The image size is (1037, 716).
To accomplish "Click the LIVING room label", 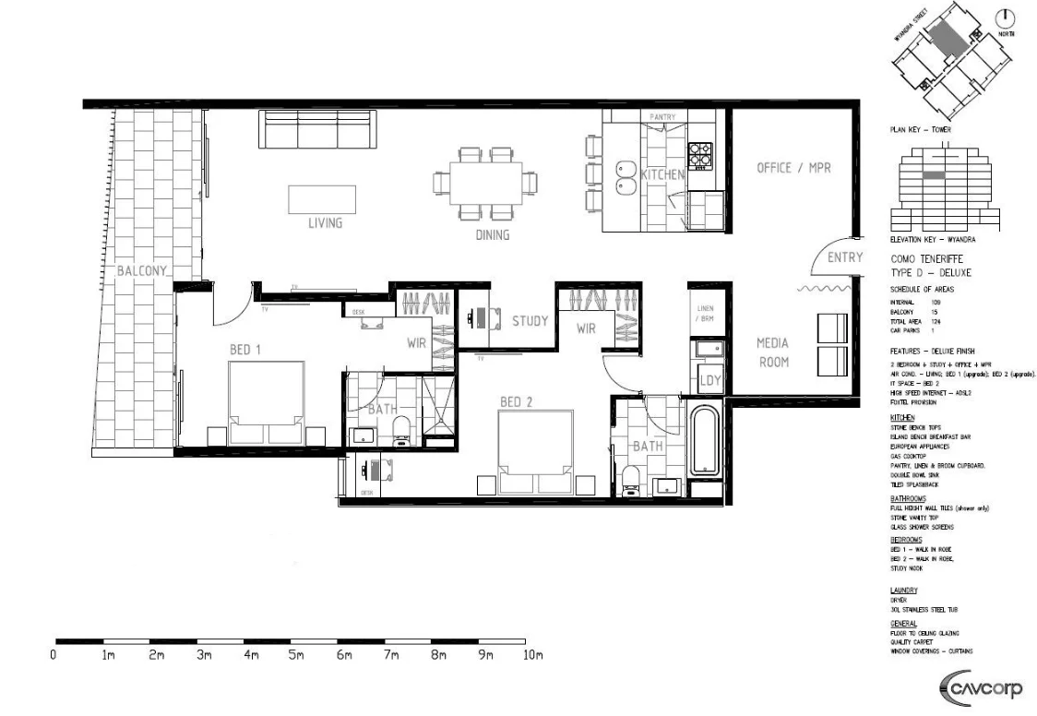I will coord(325,222).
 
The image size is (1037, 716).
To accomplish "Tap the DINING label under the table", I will coord(492,234).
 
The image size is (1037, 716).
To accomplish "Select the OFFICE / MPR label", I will coord(793,168).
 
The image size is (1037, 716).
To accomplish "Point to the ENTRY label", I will coord(844,257).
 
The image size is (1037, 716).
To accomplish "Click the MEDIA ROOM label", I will coord(773,352).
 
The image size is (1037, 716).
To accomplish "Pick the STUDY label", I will coord(530,321).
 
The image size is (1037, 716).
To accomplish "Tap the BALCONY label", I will coord(142,271).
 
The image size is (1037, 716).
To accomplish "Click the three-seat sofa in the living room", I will coord(317,129).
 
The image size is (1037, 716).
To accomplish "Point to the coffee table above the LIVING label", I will coord(322,199).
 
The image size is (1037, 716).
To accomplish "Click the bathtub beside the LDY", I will coord(706,442).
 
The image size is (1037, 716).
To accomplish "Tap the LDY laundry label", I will coord(709,380).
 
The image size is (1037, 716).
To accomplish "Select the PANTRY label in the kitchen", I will coord(662,117).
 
